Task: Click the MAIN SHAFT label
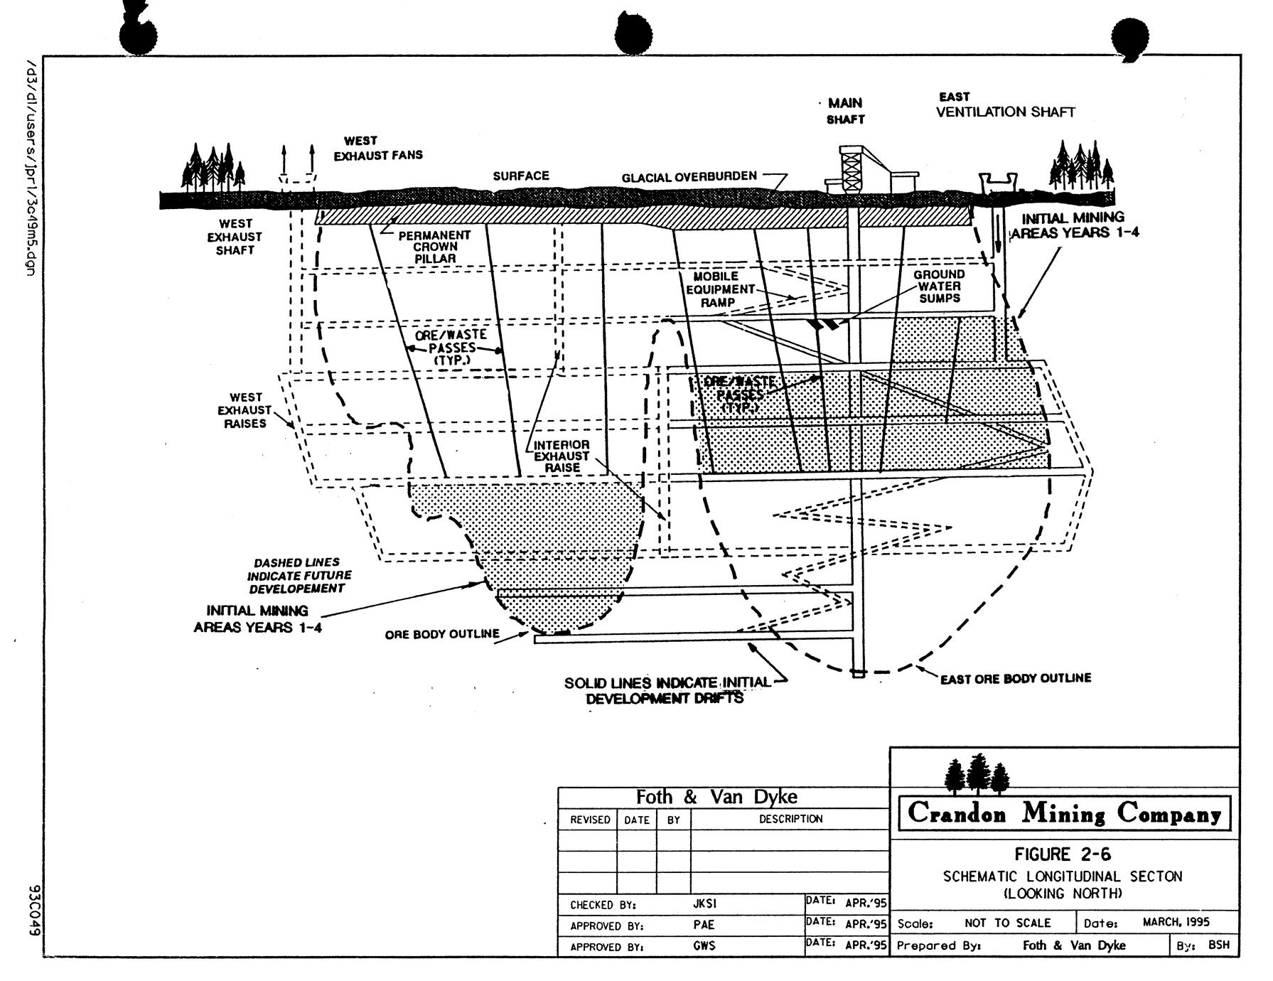(x=845, y=112)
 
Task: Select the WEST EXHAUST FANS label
(x=378, y=149)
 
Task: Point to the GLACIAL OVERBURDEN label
(x=689, y=176)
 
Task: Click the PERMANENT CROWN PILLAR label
(x=434, y=247)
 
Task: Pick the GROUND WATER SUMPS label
(x=939, y=286)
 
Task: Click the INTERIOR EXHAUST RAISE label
(x=562, y=456)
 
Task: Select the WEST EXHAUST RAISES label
(x=245, y=410)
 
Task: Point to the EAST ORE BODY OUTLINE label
(x=1015, y=679)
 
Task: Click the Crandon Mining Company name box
(x=1064, y=813)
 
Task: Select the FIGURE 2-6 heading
(x=1063, y=854)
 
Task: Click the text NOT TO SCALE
(x=1007, y=923)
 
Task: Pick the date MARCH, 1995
(x=1176, y=923)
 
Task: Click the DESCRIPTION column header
(x=790, y=819)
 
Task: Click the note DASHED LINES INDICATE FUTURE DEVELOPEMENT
(x=299, y=576)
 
